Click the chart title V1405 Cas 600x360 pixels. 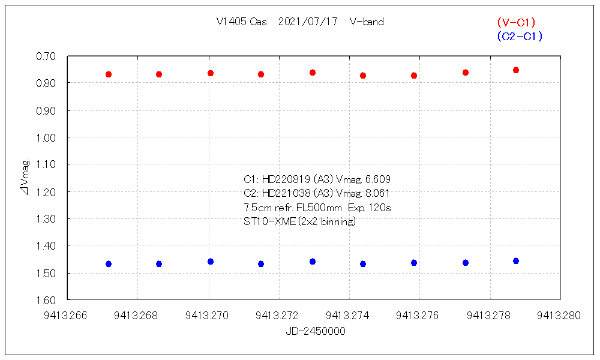(242, 22)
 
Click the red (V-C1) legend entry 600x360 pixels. (516, 22)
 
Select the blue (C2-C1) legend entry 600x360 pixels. (520, 37)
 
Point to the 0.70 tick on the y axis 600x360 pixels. (46, 56)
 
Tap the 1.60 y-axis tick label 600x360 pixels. (46, 300)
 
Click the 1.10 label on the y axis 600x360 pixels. (46, 164)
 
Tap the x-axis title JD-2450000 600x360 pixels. (315, 331)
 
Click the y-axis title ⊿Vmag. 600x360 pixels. (25, 177)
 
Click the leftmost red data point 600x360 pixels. (109, 74)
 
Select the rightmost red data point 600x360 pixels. (516, 70)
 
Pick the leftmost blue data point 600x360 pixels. (109, 264)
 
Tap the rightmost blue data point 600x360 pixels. (516, 261)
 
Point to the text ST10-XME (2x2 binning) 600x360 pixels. (299, 221)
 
